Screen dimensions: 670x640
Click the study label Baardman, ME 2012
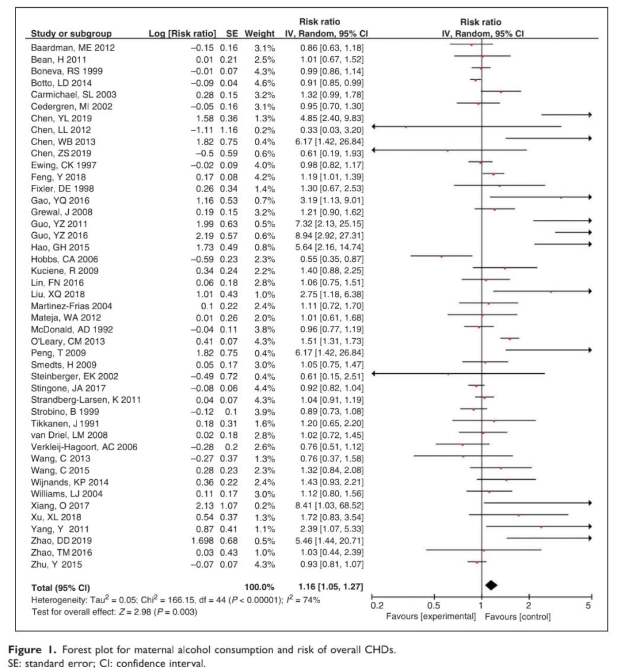(73, 47)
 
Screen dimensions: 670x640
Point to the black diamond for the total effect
(491, 585)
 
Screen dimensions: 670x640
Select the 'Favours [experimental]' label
(430, 617)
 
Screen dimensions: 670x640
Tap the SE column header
(229, 33)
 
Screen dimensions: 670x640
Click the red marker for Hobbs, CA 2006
(441, 257)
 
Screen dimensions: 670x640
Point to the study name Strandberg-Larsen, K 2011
(86, 400)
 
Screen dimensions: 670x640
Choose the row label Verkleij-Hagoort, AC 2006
(84, 447)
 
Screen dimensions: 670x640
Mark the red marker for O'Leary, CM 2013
(510, 339)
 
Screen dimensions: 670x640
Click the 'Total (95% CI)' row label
(60, 588)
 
